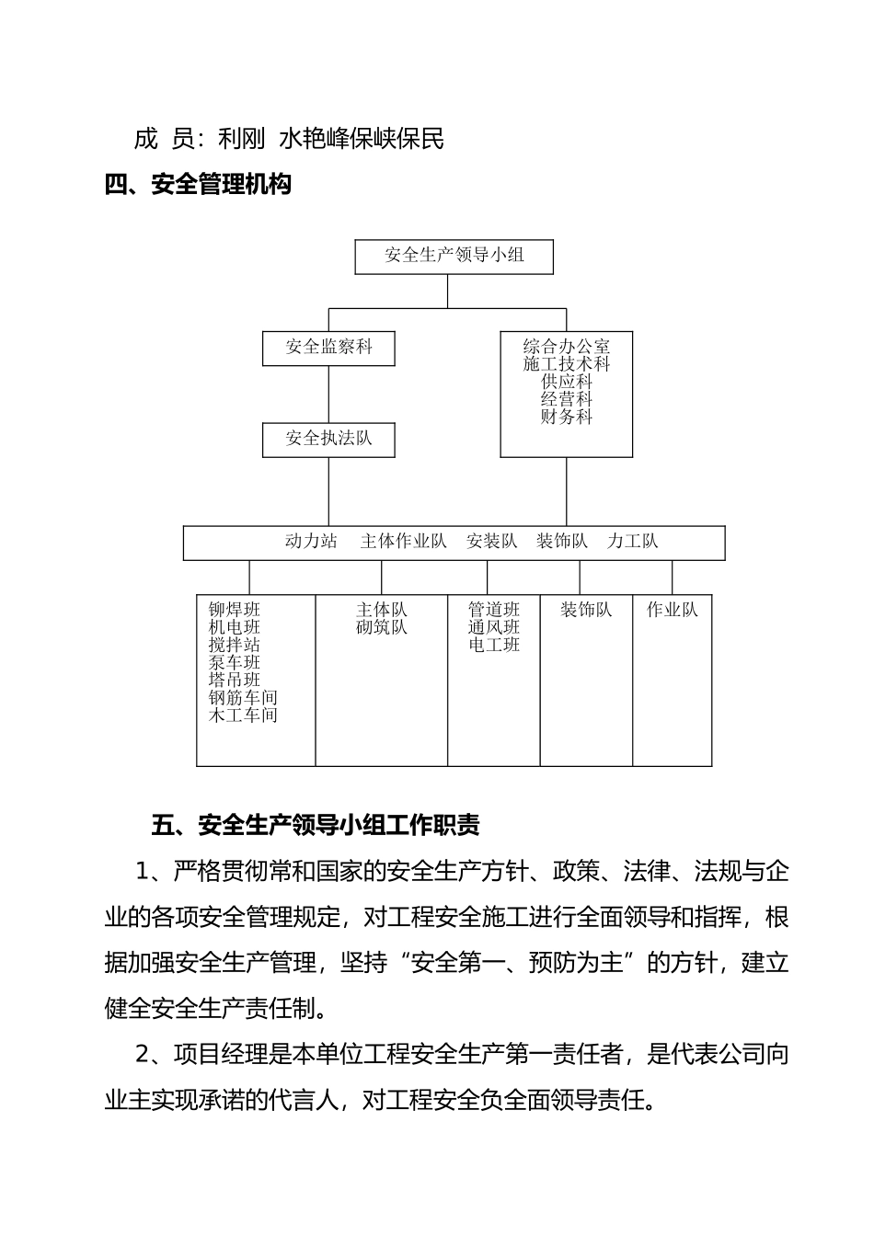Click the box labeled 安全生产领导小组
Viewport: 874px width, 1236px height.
[x=454, y=257]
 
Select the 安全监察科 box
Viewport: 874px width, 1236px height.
[x=328, y=348]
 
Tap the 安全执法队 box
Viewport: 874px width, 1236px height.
[x=328, y=439]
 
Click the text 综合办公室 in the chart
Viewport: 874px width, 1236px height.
[x=566, y=347]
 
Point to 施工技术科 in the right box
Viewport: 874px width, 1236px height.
[x=566, y=364]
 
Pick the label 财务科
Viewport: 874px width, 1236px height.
[x=566, y=417]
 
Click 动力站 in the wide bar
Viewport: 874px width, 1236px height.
[x=311, y=542]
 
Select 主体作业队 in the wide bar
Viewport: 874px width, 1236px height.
[x=403, y=542]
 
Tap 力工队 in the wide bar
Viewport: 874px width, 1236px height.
[x=632, y=542]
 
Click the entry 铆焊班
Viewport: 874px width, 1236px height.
[x=235, y=610]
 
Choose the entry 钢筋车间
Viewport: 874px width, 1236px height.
[x=243, y=698]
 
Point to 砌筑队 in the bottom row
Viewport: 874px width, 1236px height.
[x=381, y=627]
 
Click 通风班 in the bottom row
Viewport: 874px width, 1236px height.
[x=494, y=627]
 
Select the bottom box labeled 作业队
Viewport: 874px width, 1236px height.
[x=672, y=610]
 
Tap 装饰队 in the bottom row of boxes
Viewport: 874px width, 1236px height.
[x=586, y=610]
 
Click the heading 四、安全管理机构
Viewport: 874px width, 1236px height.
[x=198, y=186]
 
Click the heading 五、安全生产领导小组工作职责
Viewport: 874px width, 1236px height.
[x=315, y=825]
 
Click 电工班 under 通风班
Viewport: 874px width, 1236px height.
[x=494, y=645]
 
